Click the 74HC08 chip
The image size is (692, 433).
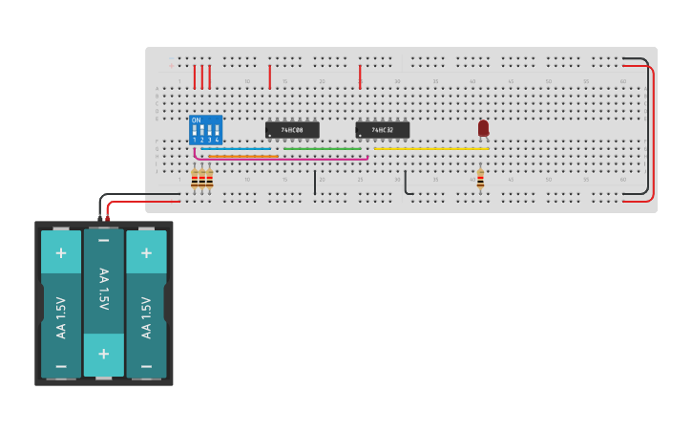pyautogui.click(x=292, y=130)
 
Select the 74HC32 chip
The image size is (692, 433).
pyautogui.click(x=382, y=130)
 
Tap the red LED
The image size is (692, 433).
pyautogui.click(x=483, y=127)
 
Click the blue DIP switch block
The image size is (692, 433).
pyautogui.click(x=205, y=130)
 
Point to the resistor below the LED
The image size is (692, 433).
pyautogui.click(x=480, y=180)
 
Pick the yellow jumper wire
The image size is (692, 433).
pyautogui.click(x=430, y=148)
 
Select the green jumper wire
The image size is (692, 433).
pyautogui.click(x=322, y=148)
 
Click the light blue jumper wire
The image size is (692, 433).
pyautogui.click(x=236, y=148)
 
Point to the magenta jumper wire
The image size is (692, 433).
pyautogui.click(x=286, y=159)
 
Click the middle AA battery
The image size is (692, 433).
pyautogui.click(x=103, y=301)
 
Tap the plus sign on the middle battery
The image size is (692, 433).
pyautogui.click(x=103, y=354)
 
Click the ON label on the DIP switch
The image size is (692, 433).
pyautogui.click(x=196, y=120)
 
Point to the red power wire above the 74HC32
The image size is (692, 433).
pyautogui.click(x=360, y=76)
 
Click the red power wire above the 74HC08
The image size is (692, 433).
pyautogui.click(x=270, y=76)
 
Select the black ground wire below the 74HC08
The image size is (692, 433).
pyautogui.click(x=315, y=182)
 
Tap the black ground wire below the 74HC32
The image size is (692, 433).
pyautogui.click(x=406, y=182)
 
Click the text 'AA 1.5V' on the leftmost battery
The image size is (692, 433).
pyautogui.click(x=61, y=317)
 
